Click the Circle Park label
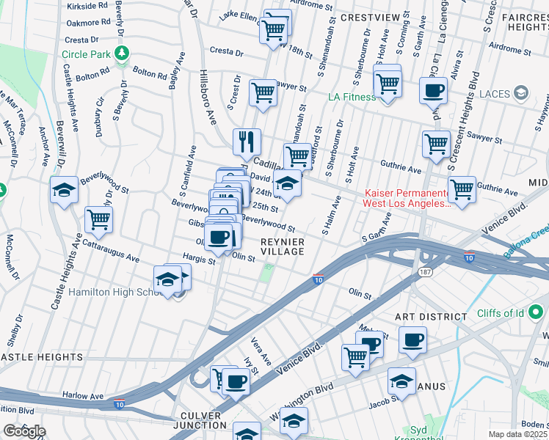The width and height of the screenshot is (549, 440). pyautogui.click(x=85, y=54)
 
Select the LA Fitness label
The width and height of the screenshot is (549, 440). pyautogui.click(x=351, y=96)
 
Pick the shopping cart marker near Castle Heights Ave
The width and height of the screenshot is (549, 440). pyautogui.click(x=98, y=218)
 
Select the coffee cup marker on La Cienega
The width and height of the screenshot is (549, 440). pyautogui.click(x=433, y=91)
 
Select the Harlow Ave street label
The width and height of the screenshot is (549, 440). pyautogui.click(x=82, y=395)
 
